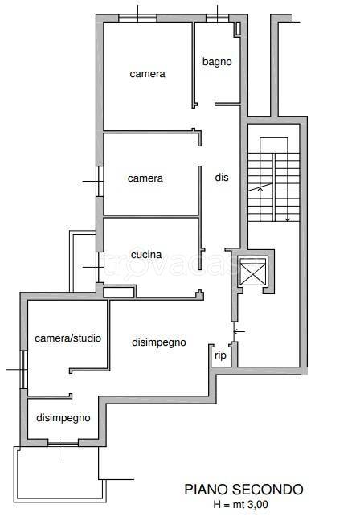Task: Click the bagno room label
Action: (x=217, y=62)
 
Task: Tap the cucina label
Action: (x=146, y=255)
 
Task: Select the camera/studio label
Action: (x=67, y=338)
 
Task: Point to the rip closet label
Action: (x=220, y=355)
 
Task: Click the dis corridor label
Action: (x=222, y=178)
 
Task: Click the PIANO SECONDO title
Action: (x=243, y=490)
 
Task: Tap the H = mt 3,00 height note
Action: (x=241, y=505)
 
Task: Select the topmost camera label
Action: (x=147, y=74)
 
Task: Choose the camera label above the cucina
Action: (x=145, y=178)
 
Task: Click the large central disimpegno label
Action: (x=159, y=342)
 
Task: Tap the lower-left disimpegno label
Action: (x=63, y=418)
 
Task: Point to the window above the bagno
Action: (x=218, y=18)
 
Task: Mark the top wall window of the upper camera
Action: (x=138, y=18)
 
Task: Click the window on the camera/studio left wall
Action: (x=23, y=370)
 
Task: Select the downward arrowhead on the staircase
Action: (x=288, y=219)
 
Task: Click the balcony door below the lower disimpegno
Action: (x=63, y=443)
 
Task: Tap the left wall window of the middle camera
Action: (x=100, y=181)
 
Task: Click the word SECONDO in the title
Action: (x=268, y=490)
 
